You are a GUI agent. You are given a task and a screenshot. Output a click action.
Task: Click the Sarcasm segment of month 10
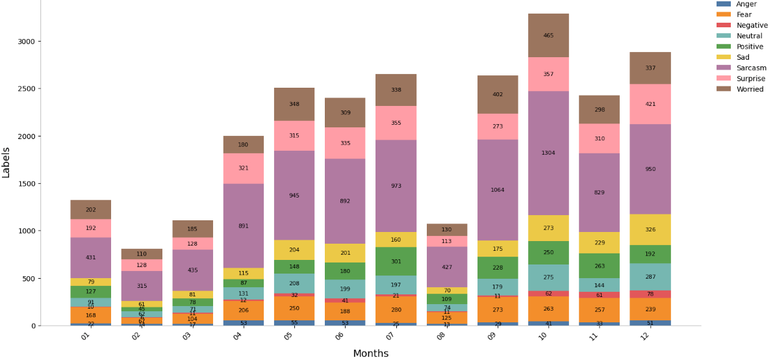548,153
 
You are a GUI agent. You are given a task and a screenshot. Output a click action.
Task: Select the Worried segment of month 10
548,35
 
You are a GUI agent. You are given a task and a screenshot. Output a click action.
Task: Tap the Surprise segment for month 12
650,104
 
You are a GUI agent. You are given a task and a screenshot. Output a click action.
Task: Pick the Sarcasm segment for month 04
243,225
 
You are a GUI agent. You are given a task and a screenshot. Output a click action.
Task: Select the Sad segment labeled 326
650,229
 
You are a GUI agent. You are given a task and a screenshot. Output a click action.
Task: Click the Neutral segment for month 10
548,277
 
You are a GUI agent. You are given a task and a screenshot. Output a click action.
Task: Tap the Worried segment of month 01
90,209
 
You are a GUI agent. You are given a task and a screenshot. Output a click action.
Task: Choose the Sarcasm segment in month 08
446,266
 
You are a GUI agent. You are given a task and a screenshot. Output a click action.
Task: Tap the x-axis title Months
370,354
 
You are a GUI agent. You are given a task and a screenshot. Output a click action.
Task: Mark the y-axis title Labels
6,162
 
